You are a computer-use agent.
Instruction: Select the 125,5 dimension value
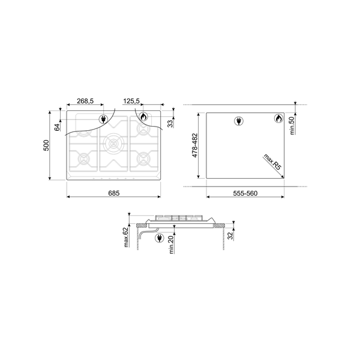coord(132,101)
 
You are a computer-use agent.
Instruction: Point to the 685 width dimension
coord(114,193)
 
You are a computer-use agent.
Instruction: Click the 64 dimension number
coord(58,127)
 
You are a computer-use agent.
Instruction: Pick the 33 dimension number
coord(170,123)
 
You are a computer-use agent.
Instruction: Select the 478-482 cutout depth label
coord(195,145)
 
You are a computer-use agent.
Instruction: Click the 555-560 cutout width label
coord(244,193)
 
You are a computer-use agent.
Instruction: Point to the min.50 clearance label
coord(292,127)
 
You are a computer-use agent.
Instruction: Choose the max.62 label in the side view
coord(127,238)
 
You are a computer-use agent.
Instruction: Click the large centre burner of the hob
coord(113,143)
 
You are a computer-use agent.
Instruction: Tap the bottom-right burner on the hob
coord(143,159)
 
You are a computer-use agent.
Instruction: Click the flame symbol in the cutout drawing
coord(279,119)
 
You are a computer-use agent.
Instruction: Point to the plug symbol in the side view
coord(159,238)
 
